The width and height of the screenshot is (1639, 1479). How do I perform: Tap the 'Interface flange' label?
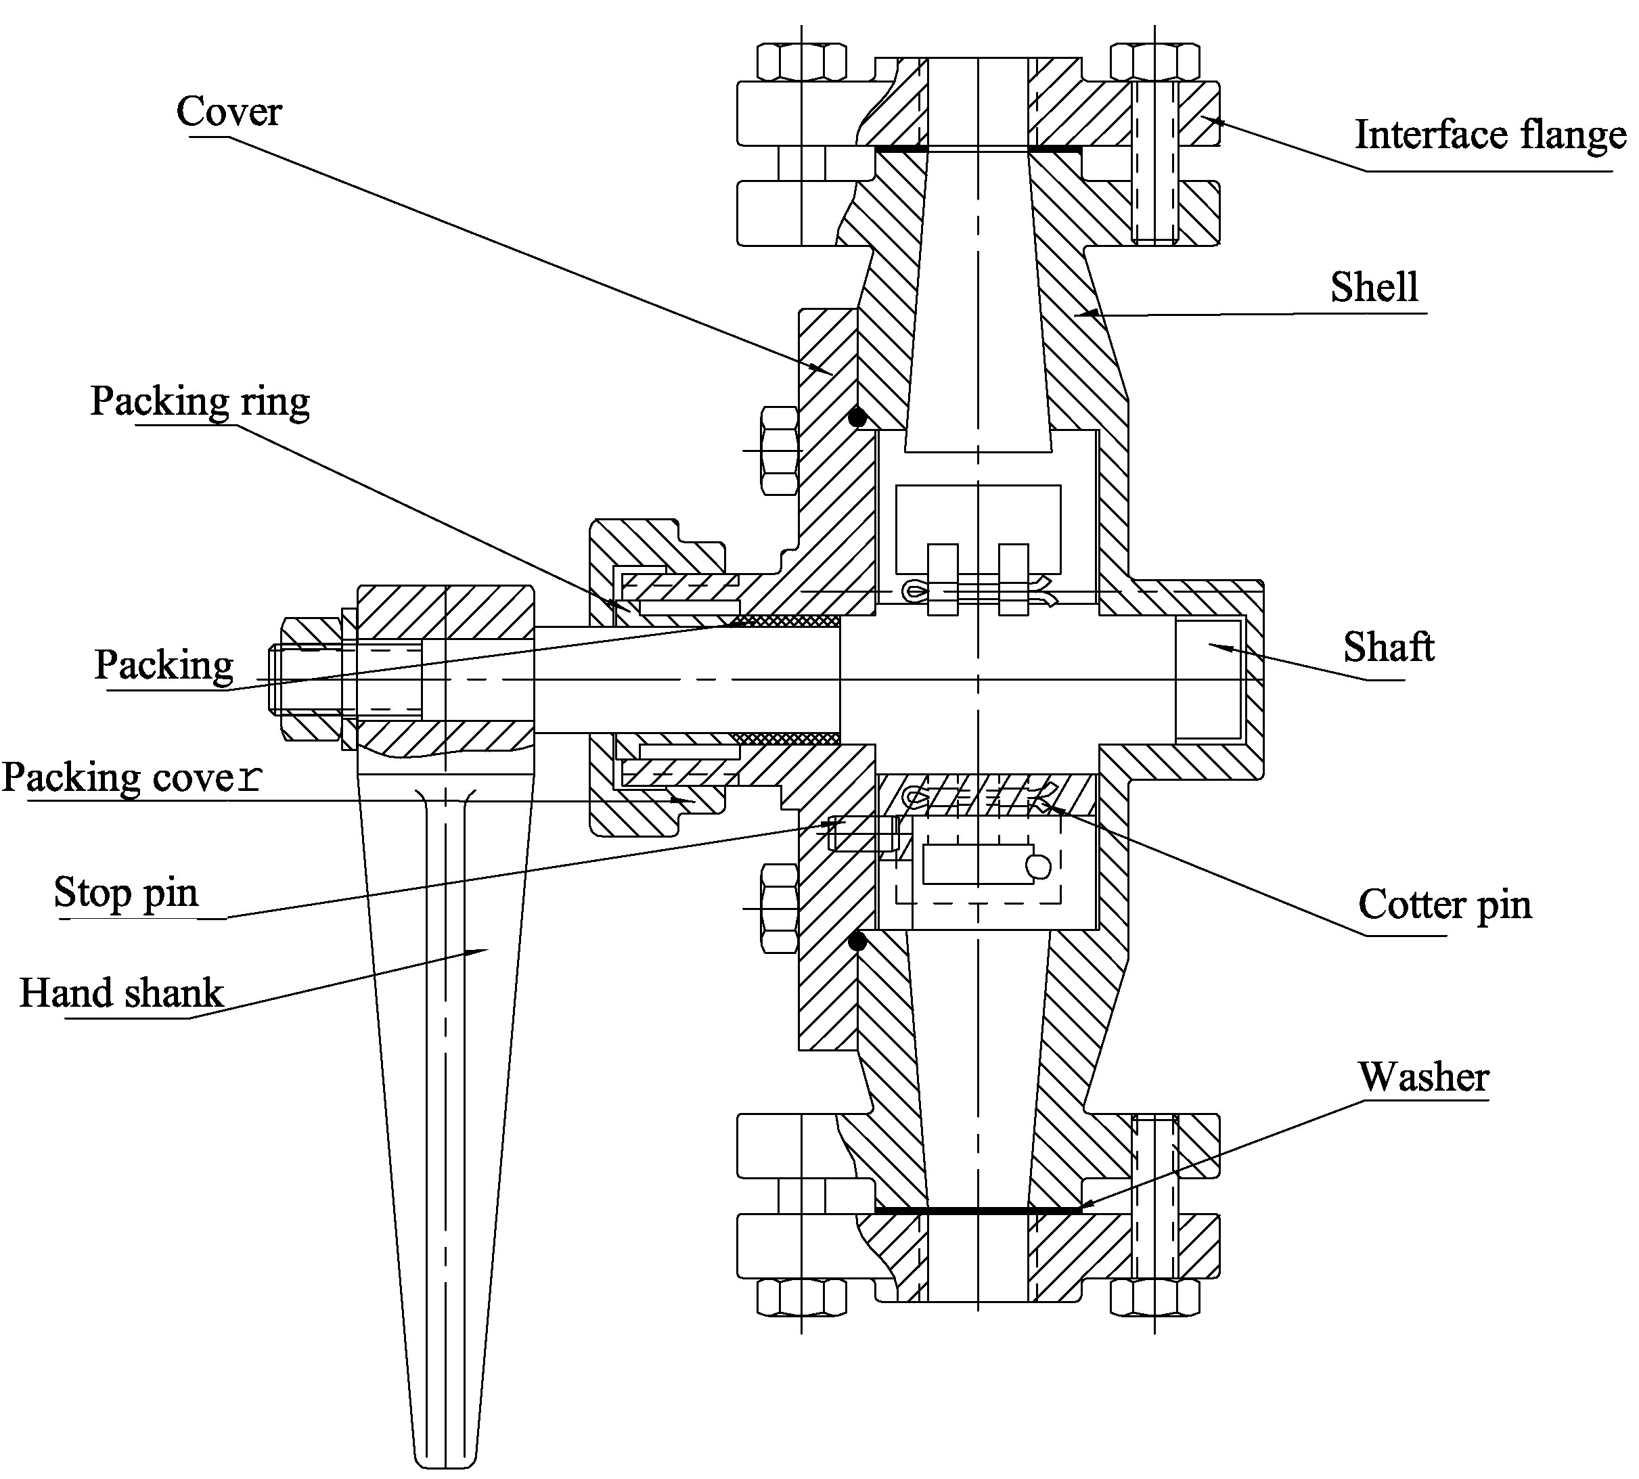(1490, 135)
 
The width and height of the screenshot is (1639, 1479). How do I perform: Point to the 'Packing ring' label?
(200, 401)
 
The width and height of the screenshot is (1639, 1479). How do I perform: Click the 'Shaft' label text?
(1388, 647)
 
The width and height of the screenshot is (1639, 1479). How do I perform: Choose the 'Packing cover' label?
(133, 777)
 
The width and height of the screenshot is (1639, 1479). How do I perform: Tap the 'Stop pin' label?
(126, 892)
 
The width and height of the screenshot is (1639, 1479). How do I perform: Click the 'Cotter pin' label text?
(1445, 905)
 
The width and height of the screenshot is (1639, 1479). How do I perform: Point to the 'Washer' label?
(1423, 1078)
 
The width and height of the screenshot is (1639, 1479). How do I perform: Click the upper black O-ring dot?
(857, 417)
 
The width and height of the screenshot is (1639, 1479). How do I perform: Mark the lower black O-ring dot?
(857, 942)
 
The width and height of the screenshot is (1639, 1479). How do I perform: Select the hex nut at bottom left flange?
(801, 1298)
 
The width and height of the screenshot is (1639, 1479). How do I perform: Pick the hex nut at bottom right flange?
(1154, 1298)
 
